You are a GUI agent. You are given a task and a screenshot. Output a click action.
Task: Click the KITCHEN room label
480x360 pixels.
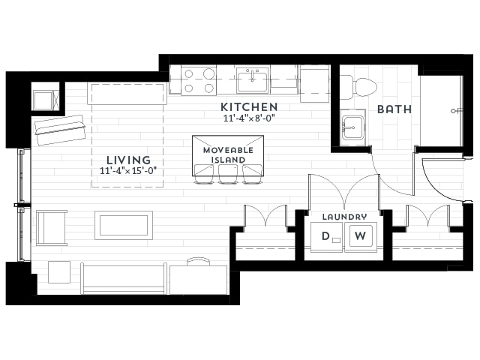(249, 107)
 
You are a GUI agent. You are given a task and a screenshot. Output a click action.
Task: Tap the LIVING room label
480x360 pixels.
(128, 160)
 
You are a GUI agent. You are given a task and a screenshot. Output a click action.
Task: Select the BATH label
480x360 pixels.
(394, 109)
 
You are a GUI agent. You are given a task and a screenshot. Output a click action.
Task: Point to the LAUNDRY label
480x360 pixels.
(344, 217)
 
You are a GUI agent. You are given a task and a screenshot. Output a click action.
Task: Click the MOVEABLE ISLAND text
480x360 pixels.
(228, 155)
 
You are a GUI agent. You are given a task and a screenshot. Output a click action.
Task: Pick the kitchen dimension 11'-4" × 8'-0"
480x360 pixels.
(249, 118)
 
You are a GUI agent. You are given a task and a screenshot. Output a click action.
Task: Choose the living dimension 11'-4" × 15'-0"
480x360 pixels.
(128, 170)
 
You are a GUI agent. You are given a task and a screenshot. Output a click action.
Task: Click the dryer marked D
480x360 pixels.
(326, 237)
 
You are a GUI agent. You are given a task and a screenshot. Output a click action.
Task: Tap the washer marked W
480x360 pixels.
(361, 237)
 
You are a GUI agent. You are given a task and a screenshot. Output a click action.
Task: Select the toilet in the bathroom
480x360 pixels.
(358, 87)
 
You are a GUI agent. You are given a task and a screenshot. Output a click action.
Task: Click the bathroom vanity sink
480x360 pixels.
(353, 127)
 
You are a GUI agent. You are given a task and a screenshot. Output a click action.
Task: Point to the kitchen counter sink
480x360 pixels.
(252, 80)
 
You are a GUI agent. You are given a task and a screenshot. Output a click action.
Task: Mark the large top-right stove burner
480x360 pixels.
(209, 73)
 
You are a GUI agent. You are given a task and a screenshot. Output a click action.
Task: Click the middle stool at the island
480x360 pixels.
(228, 174)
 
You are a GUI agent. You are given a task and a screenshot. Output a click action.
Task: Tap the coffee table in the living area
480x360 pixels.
(124, 225)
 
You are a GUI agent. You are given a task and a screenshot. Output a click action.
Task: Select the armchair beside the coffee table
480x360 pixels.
(52, 228)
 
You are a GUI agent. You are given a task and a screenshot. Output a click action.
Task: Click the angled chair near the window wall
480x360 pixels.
(60, 130)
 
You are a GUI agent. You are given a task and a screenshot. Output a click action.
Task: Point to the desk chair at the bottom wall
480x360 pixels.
(198, 262)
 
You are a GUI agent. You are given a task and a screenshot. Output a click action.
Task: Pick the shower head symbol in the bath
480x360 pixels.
(457, 111)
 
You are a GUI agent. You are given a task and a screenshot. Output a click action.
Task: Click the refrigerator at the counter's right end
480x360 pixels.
(314, 83)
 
